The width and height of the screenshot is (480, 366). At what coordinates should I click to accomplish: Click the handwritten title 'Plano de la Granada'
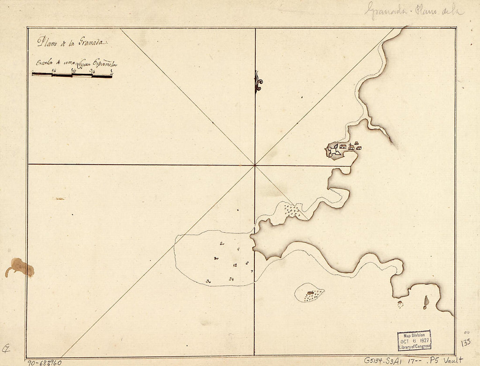(x=72, y=43)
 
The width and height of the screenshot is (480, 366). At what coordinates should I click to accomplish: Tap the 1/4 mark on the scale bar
(x=53, y=70)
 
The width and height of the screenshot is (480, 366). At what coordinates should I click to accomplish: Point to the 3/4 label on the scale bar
(x=92, y=70)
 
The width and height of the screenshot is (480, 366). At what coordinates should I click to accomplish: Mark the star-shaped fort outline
(x=334, y=150)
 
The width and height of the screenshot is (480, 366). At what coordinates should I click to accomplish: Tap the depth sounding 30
(x=209, y=281)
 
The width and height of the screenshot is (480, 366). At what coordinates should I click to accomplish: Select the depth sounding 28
(x=231, y=279)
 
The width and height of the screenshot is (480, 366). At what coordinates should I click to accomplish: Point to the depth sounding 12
(x=236, y=265)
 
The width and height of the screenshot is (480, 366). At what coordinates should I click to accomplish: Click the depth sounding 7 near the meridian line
(x=252, y=271)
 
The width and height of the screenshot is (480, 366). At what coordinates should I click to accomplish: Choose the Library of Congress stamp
(x=414, y=340)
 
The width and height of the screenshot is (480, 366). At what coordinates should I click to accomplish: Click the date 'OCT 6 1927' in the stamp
(x=415, y=340)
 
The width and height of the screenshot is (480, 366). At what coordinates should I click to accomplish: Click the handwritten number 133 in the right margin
(x=466, y=342)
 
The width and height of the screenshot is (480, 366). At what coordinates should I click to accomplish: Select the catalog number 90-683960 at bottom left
(x=44, y=362)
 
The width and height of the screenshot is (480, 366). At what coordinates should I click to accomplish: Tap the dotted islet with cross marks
(x=309, y=293)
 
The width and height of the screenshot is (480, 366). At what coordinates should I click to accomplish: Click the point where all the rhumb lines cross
(x=255, y=165)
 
